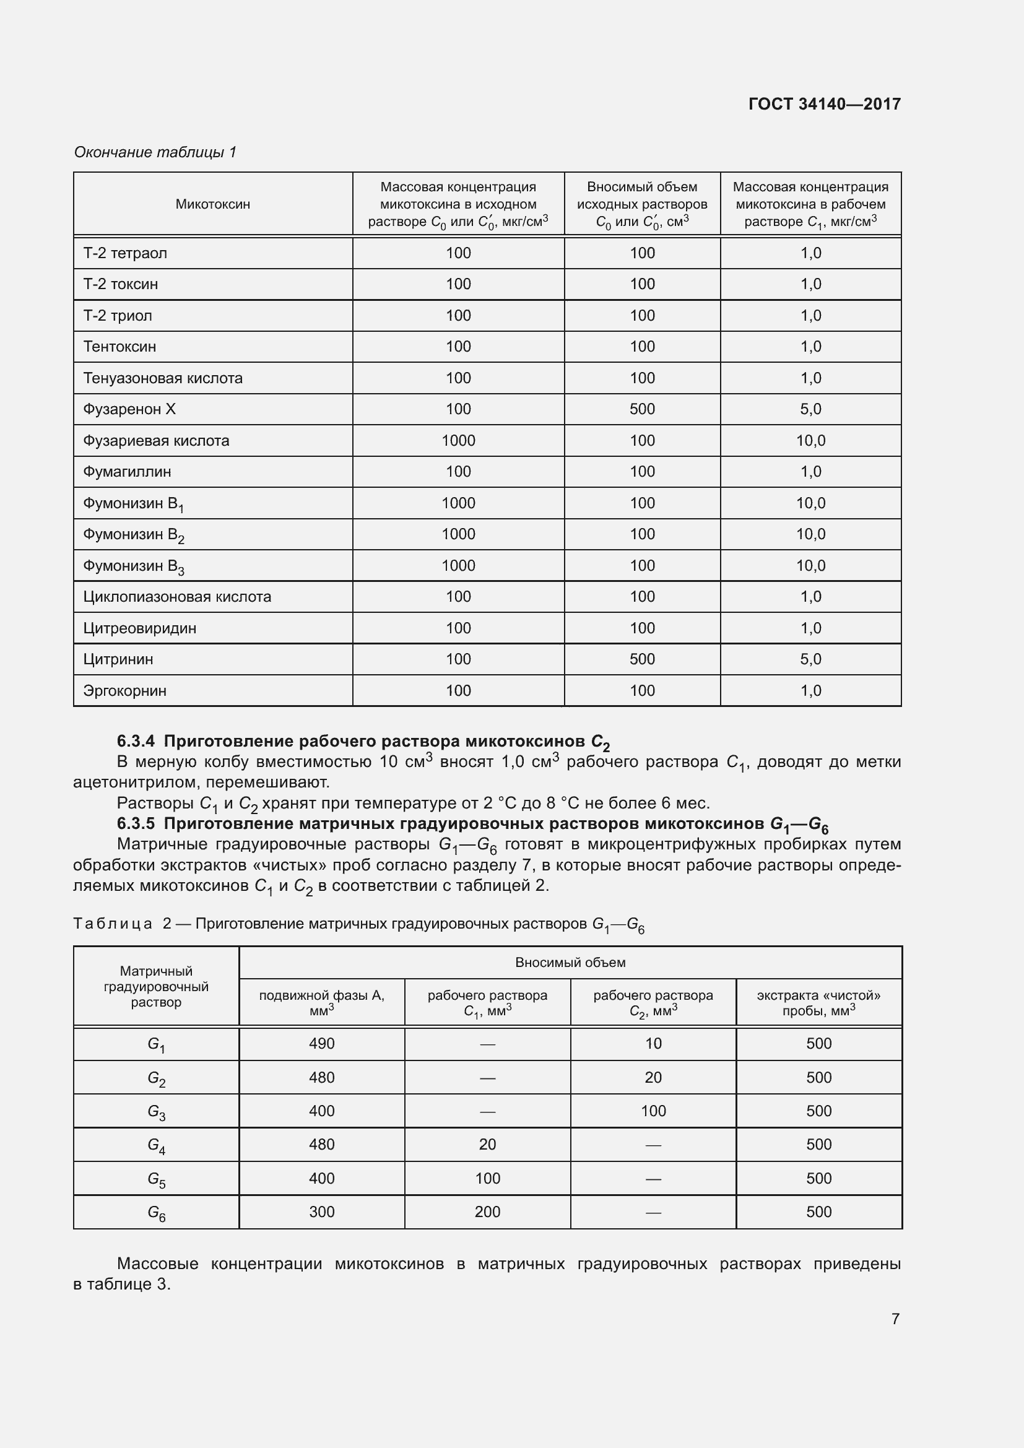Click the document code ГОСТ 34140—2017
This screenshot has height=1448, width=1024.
(824, 104)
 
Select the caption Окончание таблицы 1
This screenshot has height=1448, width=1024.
(155, 152)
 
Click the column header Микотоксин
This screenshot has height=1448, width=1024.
(212, 204)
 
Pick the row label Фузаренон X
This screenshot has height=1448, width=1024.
(129, 409)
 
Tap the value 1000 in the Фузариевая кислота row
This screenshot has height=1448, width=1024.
(458, 441)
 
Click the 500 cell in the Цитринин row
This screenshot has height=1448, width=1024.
(642, 659)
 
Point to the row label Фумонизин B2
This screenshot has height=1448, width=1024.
(134, 535)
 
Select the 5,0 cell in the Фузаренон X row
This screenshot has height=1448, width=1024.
(810, 409)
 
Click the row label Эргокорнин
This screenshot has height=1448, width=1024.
(125, 691)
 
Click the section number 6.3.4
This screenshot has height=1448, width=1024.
(136, 741)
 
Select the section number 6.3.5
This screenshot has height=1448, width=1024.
(136, 823)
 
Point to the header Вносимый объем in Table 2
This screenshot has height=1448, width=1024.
(570, 963)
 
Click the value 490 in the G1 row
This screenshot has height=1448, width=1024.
(321, 1044)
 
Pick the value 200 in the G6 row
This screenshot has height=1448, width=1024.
(487, 1212)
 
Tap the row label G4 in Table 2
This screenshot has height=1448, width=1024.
(157, 1145)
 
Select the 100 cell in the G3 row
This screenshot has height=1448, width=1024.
(653, 1111)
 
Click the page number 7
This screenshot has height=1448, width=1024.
(895, 1319)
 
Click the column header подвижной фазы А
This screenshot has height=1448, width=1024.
(321, 995)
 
